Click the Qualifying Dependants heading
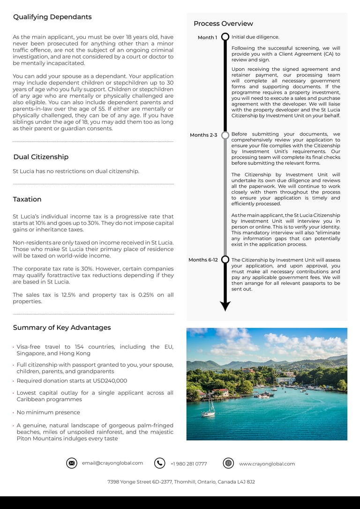[x=52, y=17]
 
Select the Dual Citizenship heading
[x=41, y=157]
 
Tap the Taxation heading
[x=27, y=199]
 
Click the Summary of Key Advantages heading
[x=62, y=328]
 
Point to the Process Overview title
[x=223, y=23]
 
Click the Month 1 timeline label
[x=207, y=37]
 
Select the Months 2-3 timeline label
[x=203, y=135]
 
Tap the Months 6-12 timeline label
[x=203, y=260]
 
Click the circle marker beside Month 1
[x=225, y=37]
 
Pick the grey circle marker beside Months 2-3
[x=225, y=135]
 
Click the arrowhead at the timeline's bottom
[x=225, y=306]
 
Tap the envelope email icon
[x=72, y=463]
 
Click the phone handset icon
[x=160, y=463]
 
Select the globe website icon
[x=228, y=463]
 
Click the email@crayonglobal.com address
[x=112, y=463]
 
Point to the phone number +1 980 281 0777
[x=188, y=464]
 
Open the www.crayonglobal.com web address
[x=267, y=464]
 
